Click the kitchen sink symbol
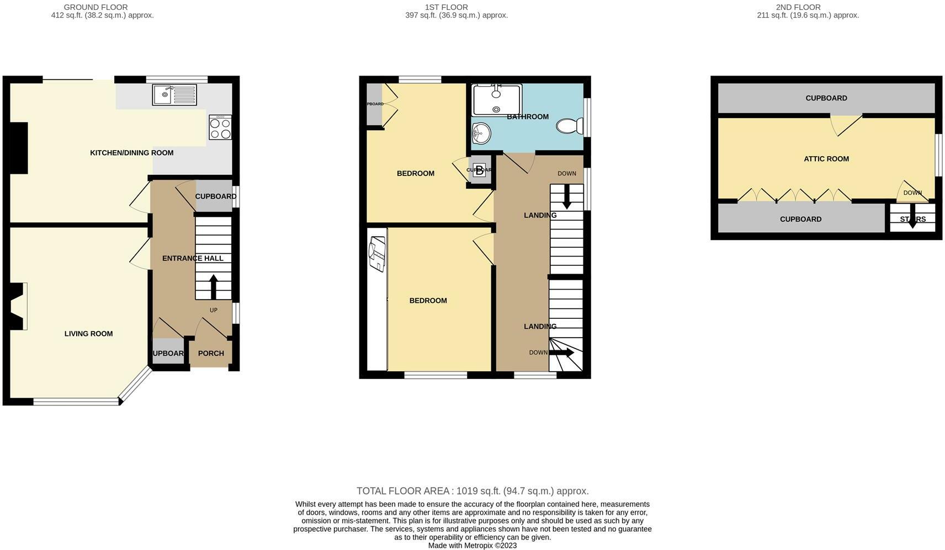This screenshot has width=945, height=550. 174,94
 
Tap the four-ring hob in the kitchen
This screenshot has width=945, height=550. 220,128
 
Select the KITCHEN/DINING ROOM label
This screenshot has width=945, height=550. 131,153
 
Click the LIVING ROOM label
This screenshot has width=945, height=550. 88,334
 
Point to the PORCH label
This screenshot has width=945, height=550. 211,354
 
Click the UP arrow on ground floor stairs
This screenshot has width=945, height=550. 214,286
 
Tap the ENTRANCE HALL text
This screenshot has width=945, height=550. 193,258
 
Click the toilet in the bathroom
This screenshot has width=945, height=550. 570,126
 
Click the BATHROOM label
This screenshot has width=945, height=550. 528,117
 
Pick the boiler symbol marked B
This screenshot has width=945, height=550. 479,170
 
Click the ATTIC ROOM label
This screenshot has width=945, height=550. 826,159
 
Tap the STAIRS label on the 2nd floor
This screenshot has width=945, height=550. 912,220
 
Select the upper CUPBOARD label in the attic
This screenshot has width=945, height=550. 826,98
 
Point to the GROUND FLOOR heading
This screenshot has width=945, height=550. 95,7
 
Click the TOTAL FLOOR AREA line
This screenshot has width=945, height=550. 473,491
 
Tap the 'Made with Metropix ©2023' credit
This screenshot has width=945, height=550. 473,546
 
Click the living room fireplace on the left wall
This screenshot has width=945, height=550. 18,306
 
